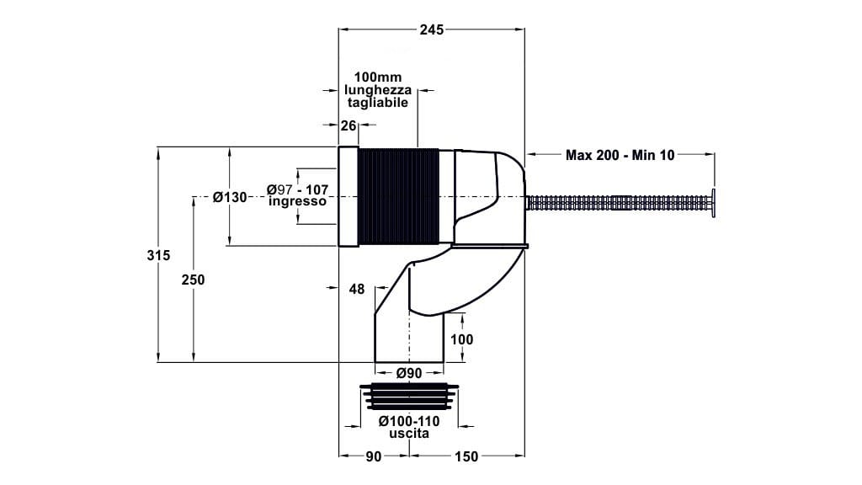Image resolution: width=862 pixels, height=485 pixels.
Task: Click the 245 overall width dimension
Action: (x=431, y=29)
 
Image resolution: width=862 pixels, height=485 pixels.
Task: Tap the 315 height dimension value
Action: (x=164, y=255)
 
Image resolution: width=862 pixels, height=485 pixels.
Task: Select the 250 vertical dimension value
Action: (x=194, y=280)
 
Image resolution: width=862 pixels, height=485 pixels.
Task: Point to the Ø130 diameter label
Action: (x=230, y=197)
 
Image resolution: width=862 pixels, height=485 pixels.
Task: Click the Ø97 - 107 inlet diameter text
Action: (x=297, y=189)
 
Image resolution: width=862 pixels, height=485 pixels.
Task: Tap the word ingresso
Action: (x=297, y=202)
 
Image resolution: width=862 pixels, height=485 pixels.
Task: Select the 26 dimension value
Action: (x=349, y=126)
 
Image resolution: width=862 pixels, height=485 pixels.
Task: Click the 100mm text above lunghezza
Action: (x=378, y=77)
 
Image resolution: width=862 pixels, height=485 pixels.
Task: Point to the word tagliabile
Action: (x=378, y=102)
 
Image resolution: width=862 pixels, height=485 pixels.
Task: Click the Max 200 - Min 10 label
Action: (x=620, y=155)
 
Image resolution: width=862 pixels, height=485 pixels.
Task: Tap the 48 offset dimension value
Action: (x=356, y=289)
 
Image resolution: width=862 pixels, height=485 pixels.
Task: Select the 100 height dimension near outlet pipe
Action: (x=462, y=339)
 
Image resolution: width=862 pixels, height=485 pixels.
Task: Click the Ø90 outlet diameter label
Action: (x=408, y=373)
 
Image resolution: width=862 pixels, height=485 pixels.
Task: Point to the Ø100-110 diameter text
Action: (x=408, y=421)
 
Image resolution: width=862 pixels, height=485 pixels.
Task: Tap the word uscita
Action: (x=408, y=434)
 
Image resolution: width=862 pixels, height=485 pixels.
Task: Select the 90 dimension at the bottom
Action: (x=374, y=456)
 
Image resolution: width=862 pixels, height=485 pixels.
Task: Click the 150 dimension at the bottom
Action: (x=466, y=456)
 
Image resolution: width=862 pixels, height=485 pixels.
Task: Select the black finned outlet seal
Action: (x=408, y=396)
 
